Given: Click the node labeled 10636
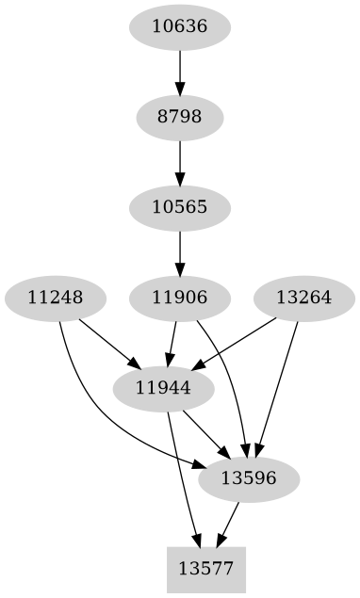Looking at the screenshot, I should click(x=179, y=26).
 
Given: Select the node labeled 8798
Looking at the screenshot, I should click(x=179, y=117).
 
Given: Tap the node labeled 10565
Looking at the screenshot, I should click(x=179, y=207).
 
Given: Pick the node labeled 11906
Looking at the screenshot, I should click(x=179, y=298).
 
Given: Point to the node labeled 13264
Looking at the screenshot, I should click(x=303, y=298).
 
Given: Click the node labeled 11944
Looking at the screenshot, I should click(x=163, y=388).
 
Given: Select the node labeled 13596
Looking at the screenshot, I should click(x=249, y=478).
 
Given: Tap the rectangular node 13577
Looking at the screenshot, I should click(x=205, y=569).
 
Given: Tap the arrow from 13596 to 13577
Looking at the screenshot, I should click(x=228, y=524).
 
